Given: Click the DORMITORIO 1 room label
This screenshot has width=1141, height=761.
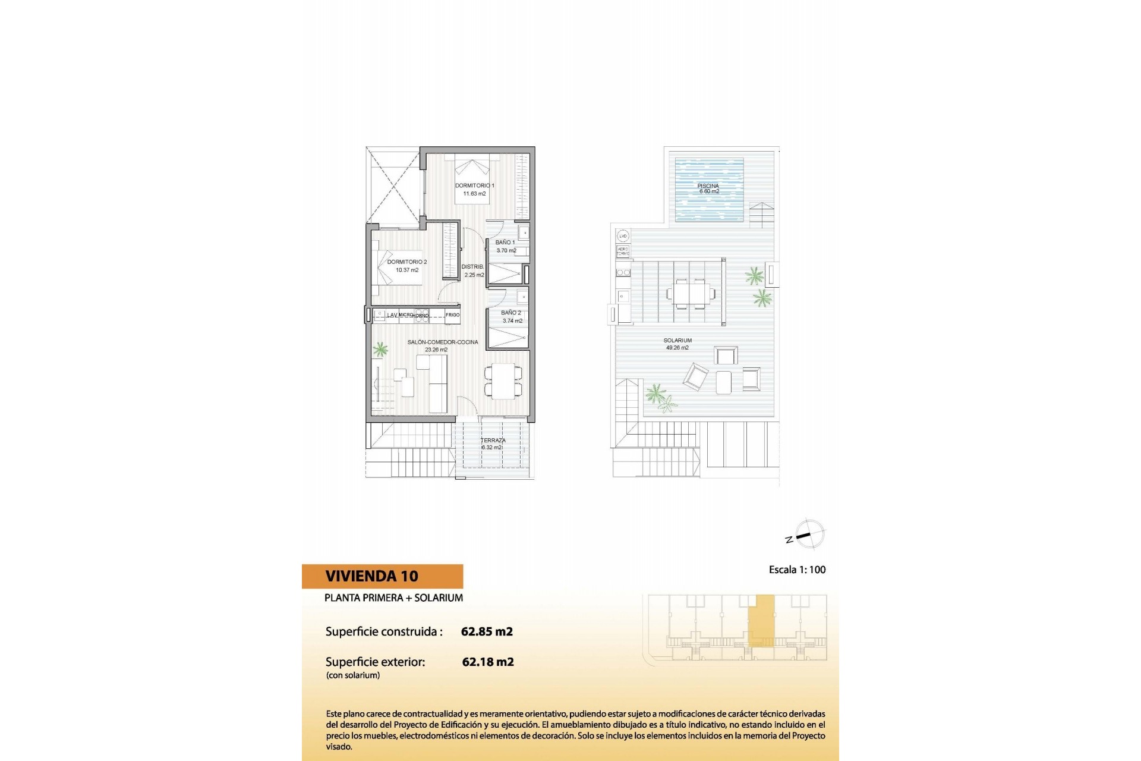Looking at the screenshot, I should point(474,185).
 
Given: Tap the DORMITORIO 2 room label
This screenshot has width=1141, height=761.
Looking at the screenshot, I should point(407,262).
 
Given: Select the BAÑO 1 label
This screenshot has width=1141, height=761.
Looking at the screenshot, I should point(505,243).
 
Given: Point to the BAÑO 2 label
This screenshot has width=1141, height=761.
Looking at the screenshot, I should point(511,313).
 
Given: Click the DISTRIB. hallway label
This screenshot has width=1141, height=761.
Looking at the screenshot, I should point(473,267).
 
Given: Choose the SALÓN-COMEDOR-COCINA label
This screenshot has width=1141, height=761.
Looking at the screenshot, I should point(443,342).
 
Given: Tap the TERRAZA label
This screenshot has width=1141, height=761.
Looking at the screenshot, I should point(493,441).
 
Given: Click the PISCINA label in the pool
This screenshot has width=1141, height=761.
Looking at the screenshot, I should point(708,186).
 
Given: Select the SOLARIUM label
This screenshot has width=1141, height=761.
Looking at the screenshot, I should point(677,341).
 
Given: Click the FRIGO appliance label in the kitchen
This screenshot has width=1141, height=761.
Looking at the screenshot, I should point(452,315).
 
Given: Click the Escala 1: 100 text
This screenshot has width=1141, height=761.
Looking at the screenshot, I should point(797,570).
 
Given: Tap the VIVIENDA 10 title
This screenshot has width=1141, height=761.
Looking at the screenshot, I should point(372,576).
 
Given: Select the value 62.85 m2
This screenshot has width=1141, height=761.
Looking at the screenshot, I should point(487,631).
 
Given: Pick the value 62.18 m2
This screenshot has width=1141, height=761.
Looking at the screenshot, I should point(488,662).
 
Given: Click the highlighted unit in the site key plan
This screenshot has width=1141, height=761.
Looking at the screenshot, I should point(761,620).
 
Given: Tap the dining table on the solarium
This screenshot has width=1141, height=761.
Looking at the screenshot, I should point(691,293).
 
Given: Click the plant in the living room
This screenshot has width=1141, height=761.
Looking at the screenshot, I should point(380,349).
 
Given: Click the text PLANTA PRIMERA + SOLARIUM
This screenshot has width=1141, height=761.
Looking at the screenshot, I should point(393,598).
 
